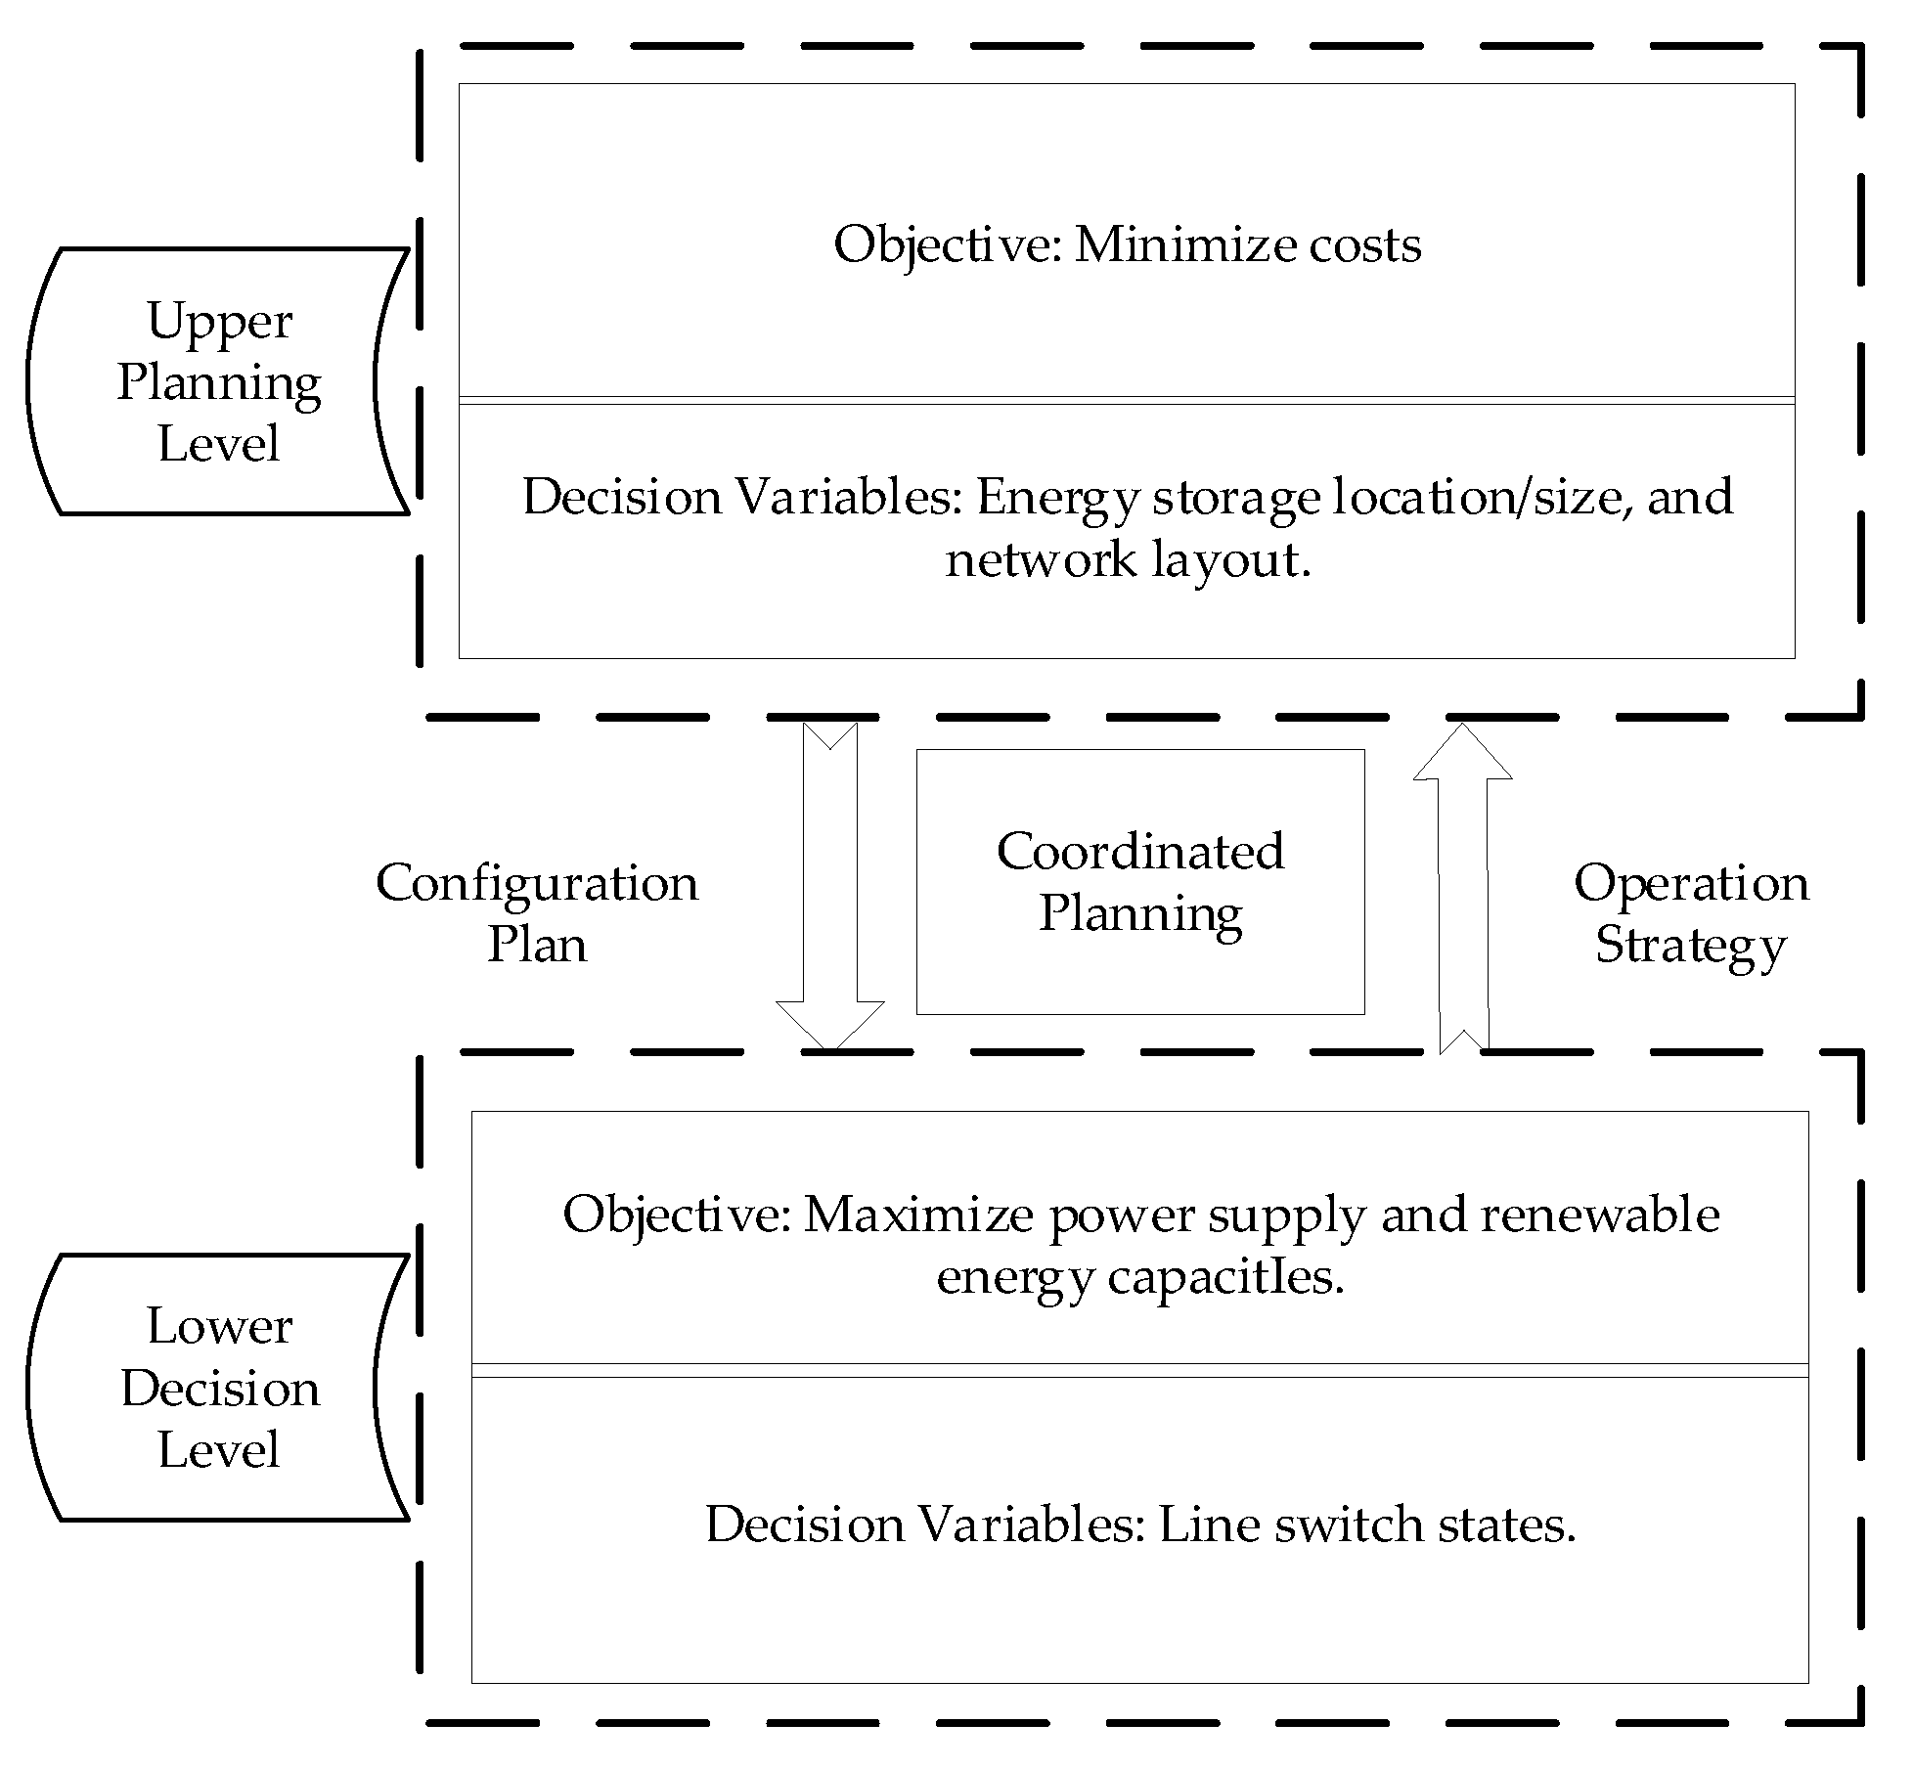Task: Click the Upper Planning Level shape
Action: [x=217, y=381]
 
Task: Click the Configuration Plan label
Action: [x=537, y=912]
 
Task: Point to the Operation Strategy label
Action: [x=1691, y=912]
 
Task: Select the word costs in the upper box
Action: [x=1365, y=244]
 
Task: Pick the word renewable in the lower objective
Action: [x=1599, y=1215]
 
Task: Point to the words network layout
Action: [x=1127, y=560]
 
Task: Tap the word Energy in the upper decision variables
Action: [x=1057, y=499]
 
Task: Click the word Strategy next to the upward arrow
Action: [x=1691, y=945]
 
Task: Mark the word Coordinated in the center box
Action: [x=1139, y=851]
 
